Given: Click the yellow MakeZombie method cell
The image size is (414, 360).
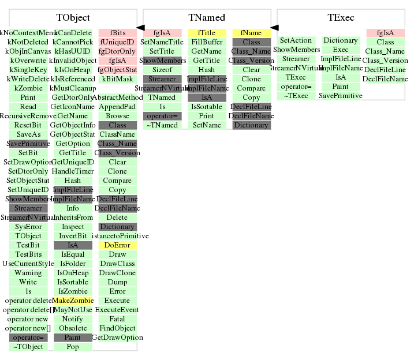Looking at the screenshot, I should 73,301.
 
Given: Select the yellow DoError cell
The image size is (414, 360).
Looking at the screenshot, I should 117,245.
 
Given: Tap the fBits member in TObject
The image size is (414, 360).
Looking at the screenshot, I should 117,33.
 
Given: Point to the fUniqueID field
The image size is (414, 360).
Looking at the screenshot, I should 117,42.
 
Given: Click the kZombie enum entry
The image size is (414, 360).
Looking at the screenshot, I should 28,88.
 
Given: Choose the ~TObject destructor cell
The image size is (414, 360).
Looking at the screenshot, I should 28,347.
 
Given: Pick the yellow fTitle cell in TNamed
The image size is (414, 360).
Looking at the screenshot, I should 207,33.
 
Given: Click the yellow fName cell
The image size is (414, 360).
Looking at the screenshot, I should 251,33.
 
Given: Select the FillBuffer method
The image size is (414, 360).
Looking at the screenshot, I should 207,42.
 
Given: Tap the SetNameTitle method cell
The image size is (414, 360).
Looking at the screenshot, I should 162,42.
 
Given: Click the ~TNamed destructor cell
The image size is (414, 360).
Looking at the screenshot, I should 162,125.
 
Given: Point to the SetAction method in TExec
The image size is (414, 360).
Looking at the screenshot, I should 296,40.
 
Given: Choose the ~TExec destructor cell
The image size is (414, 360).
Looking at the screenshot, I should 296,96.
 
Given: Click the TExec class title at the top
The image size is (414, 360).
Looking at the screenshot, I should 341,18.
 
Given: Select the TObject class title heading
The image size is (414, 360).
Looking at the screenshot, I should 73,18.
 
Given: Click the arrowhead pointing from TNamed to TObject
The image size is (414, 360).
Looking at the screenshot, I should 140,27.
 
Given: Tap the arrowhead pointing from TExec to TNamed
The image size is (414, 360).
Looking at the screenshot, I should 274,27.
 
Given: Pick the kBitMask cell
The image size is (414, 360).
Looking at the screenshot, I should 117,79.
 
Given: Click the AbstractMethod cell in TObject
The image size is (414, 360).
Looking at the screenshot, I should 117,97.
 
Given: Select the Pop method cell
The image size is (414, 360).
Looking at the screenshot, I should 73,347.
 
